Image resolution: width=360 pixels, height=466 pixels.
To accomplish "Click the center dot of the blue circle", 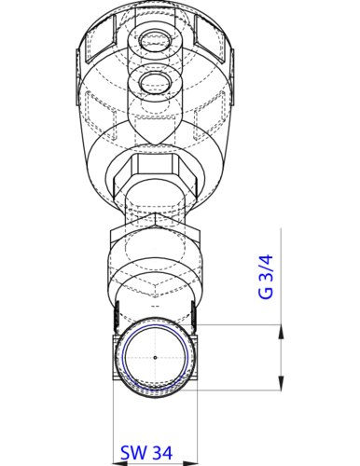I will tap(153, 358).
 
